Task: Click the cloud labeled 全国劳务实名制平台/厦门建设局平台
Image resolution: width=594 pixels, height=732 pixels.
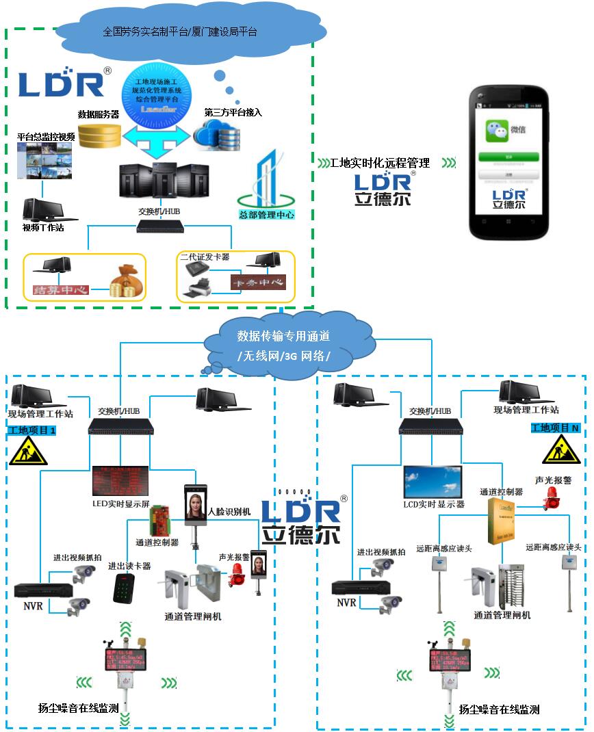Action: coord(179,31)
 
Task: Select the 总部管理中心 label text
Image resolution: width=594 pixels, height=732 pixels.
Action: coord(266,215)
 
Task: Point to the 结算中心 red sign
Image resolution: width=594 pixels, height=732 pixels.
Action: coord(62,289)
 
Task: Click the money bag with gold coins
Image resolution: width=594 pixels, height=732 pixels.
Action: coord(127,281)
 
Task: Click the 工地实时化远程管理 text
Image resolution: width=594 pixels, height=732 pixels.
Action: coord(380,163)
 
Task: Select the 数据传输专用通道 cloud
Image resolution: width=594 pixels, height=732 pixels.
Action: coord(283,345)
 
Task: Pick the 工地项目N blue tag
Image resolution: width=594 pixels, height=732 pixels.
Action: coord(556,428)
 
